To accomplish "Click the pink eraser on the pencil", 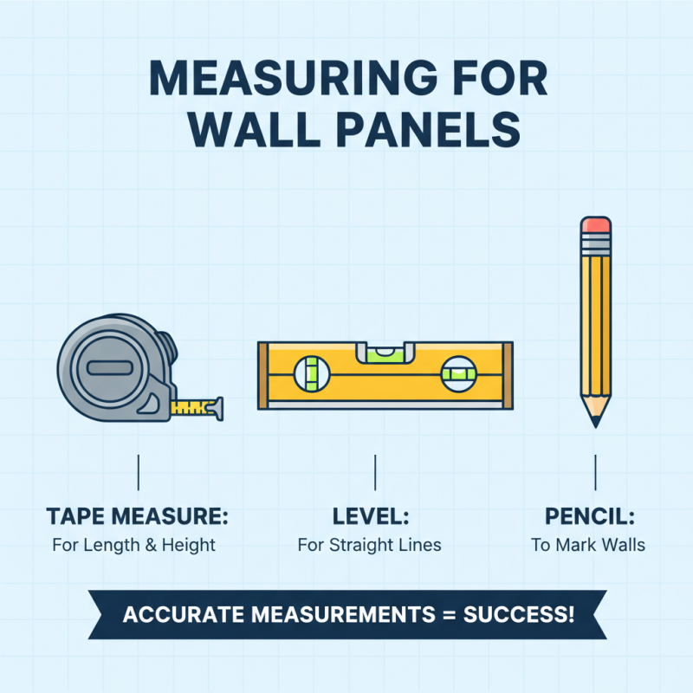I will click(x=595, y=225).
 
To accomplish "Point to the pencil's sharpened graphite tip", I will click(x=595, y=421).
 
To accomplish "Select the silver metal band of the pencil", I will click(x=595, y=243).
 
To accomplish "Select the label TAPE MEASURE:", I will click(x=137, y=517).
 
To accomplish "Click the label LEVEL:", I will click(x=371, y=517).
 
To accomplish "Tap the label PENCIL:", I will click(x=590, y=517).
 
